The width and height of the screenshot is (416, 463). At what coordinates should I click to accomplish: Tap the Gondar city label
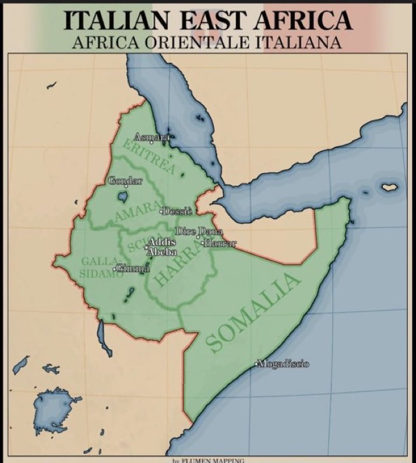(x=125, y=181)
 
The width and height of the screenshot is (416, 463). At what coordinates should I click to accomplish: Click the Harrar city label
(x=220, y=243)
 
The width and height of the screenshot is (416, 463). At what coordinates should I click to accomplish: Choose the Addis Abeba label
(x=162, y=247)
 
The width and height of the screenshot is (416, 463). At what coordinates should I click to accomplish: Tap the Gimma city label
(x=134, y=268)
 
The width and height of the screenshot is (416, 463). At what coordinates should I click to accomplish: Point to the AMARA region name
(x=138, y=211)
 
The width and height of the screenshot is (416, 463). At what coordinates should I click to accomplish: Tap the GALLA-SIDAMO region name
(x=100, y=267)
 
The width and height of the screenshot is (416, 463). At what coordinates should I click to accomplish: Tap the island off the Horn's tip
(x=389, y=187)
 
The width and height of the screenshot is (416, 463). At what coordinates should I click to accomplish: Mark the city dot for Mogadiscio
(x=257, y=364)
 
